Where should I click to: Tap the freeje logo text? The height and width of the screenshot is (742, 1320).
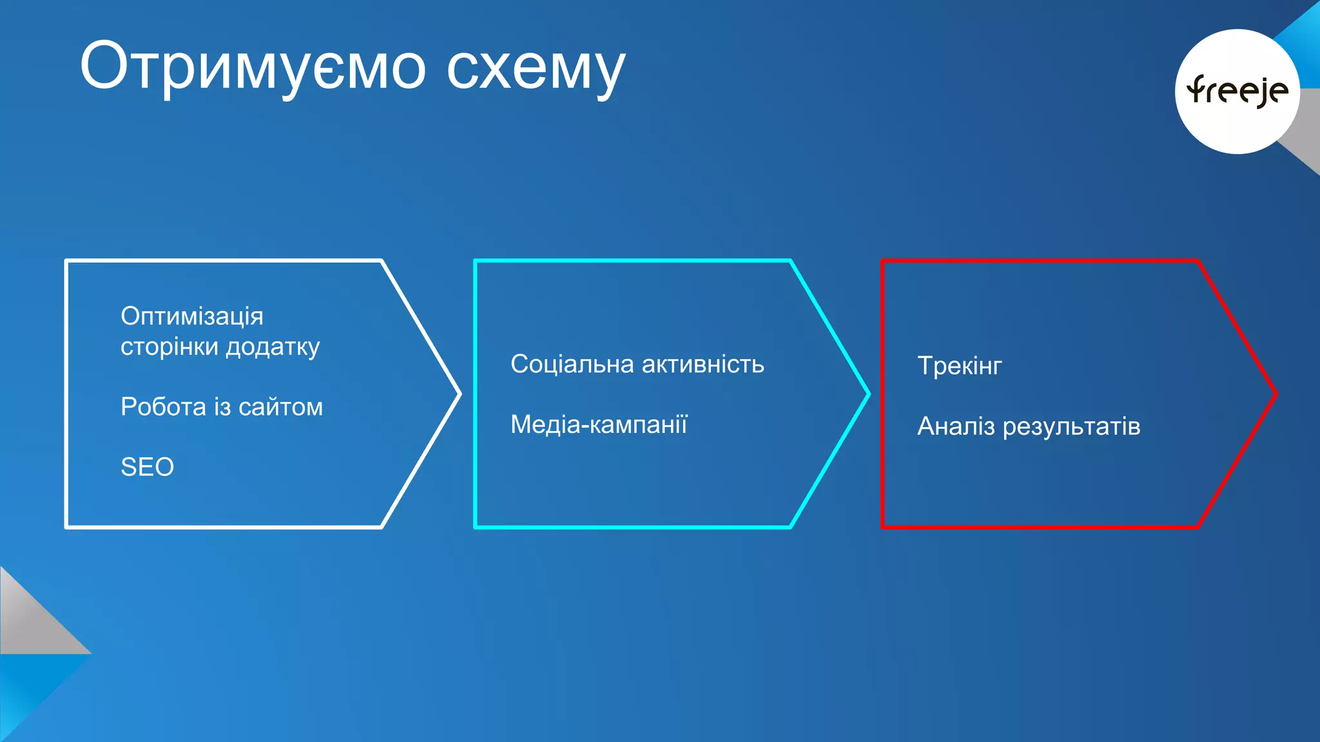coord(1237,91)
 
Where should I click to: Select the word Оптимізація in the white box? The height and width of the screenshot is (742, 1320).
coord(192,316)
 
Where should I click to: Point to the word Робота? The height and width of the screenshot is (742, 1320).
coord(163,407)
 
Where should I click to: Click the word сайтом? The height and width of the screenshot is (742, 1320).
coord(280,407)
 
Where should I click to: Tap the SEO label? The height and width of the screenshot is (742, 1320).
coord(147,467)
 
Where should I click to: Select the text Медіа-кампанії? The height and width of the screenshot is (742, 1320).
coord(599,424)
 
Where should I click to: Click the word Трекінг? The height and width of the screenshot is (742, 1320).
coord(960,366)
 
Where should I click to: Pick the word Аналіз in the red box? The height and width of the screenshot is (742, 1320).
coord(956,426)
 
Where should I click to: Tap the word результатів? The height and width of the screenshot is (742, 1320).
coord(1071,426)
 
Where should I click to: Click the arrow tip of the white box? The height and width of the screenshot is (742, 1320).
coord(458,394)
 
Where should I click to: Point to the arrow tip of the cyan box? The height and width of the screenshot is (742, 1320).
coord(867,394)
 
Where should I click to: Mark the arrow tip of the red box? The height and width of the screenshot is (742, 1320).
coord(1274,394)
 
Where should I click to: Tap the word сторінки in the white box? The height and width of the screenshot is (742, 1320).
coord(170,347)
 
